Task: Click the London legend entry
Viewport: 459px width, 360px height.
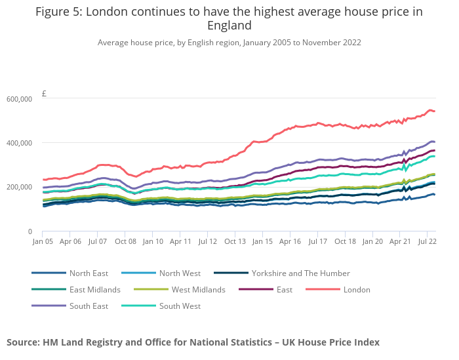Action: click(x=357, y=289)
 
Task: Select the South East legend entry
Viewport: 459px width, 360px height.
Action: click(x=89, y=306)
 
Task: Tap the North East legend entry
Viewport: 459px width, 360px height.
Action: click(x=89, y=273)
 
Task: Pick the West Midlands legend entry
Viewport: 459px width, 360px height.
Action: click(x=198, y=289)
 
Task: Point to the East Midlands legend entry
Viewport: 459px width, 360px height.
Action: click(x=94, y=289)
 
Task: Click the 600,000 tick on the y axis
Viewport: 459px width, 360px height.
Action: click(x=20, y=99)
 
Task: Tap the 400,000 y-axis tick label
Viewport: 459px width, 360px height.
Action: click(x=20, y=143)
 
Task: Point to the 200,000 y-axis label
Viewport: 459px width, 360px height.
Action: click(x=20, y=187)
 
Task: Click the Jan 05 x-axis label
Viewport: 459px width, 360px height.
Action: click(x=43, y=241)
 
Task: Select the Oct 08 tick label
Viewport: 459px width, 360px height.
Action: click(x=125, y=241)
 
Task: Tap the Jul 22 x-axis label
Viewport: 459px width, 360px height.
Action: click(x=428, y=241)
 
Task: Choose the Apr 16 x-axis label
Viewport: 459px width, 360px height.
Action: click(x=290, y=241)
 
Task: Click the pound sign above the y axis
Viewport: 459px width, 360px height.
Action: click(x=44, y=94)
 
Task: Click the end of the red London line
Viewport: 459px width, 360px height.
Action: click(x=435, y=111)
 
